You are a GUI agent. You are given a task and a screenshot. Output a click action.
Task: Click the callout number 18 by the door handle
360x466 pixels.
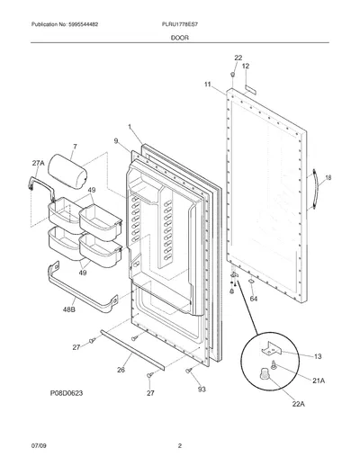pyautogui.click(x=328, y=177)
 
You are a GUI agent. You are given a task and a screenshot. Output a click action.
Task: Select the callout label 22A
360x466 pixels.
pyautogui.click(x=299, y=404)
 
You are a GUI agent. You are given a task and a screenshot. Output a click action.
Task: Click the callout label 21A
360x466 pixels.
pyautogui.click(x=319, y=381)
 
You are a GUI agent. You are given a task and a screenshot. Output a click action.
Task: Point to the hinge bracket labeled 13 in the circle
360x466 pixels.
pyautogui.click(x=271, y=349)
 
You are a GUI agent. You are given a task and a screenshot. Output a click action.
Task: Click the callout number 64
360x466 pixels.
pyautogui.click(x=254, y=299)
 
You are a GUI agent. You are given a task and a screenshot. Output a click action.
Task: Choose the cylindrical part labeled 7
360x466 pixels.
pyautogui.click(x=67, y=172)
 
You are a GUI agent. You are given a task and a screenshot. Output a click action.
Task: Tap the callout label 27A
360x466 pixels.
pyautogui.click(x=38, y=163)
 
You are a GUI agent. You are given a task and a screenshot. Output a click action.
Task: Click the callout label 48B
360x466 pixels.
pyautogui.click(x=68, y=309)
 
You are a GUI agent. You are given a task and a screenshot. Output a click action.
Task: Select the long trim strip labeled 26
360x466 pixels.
pyautogui.click(x=132, y=349)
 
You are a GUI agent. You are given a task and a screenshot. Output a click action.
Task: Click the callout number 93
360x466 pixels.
pyautogui.click(x=202, y=389)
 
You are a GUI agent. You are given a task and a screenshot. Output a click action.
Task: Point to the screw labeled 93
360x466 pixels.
pyautogui.click(x=189, y=371)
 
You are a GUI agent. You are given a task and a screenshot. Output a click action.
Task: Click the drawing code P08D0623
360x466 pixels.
pyautogui.click(x=67, y=393)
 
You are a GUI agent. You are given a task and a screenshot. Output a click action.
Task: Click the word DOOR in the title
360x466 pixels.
pyautogui.click(x=180, y=38)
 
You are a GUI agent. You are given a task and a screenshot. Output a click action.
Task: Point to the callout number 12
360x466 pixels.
pyautogui.click(x=246, y=66)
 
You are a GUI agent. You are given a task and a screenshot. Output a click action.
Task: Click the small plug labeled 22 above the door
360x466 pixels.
pyautogui.click(x=232, y=74)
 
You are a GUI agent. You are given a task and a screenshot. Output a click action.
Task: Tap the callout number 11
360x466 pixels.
pyautogui.click(x=208, y=85)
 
